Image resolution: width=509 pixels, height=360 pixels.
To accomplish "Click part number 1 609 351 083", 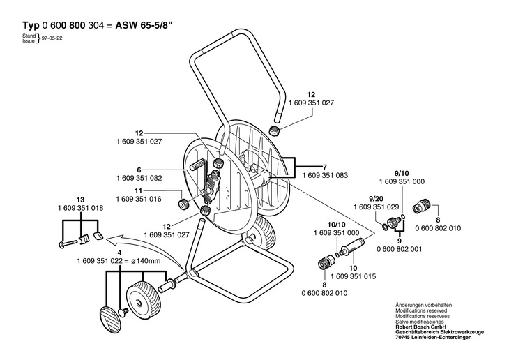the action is pyautogui.click(x=325, y=175).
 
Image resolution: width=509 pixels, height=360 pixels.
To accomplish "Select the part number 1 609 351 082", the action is pyautogui.click(x=139, y=179).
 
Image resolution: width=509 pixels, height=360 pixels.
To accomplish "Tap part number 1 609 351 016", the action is pyautogui.click(x=139, y=199).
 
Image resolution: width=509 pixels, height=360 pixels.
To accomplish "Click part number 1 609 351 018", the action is pyautogui.click(x=80, y=208).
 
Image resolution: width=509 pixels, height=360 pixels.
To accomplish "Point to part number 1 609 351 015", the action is pyautogui.click(x=354, y=276).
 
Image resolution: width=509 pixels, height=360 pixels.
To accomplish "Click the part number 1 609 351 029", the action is pyautogui.click(x=377, y=207).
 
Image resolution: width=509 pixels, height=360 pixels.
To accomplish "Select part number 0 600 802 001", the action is pyautogui.click(x=400, y=249).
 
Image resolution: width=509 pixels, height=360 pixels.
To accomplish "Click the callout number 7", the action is pyautogui.click(x=325, y=167).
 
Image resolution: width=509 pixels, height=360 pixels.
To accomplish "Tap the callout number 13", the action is pyautogui.click(x=80, y=200).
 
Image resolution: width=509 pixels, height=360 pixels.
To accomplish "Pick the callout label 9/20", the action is pyautogui.click(x=376, y=199).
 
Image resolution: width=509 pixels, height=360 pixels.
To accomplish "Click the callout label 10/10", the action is pyautogui.click(x=337, y=225).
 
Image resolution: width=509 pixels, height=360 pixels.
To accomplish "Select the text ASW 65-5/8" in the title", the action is pyautogui.click(x=144, y=25).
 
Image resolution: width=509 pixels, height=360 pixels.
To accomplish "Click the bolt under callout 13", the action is pyautogui.click(x=68, y=243).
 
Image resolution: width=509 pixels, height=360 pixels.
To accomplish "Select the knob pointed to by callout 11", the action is pyautogui.click(x=184, y=204).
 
